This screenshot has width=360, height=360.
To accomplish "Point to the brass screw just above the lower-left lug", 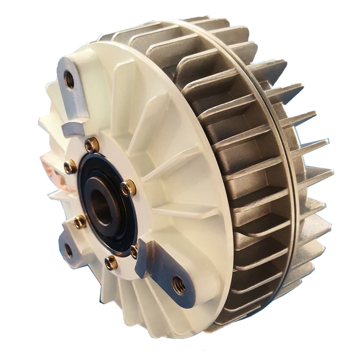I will [80, 221].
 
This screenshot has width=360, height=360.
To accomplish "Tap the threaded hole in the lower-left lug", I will [68, 250].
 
